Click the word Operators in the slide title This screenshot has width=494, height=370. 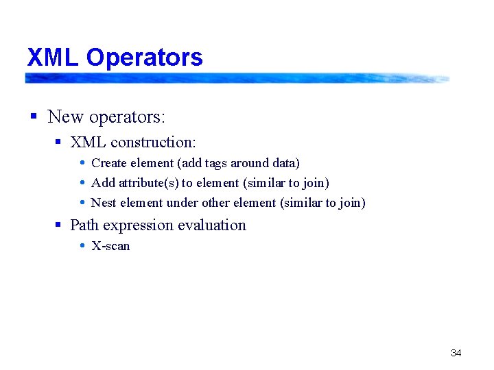tap(145, 58)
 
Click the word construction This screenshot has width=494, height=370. tap(153, 143)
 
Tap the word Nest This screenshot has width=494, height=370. tap(104, 203)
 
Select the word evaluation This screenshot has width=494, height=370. tap(213, 225)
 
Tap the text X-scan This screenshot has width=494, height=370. tap(110, 246)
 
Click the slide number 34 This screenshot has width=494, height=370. tap(456, 353)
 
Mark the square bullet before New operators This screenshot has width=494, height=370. tap(33, 117)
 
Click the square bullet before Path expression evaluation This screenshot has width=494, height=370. tap(58, 225)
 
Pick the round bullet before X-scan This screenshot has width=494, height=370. tap(82, 246)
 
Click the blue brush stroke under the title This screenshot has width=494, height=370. tap(237, 78)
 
